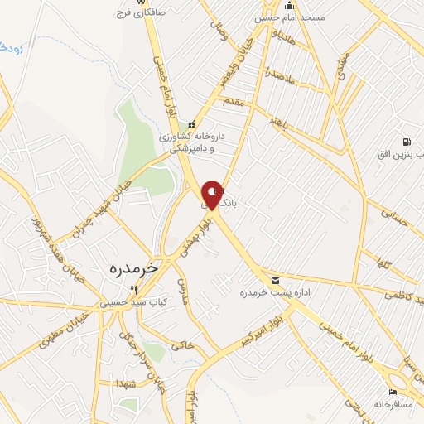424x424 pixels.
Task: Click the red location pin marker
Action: [213, 195]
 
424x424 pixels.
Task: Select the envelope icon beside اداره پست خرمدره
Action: [275, 279]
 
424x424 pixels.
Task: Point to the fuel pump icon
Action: [406, 142]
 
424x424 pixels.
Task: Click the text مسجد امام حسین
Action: [301, 17]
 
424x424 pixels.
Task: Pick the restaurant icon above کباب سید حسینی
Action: [134, 289]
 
